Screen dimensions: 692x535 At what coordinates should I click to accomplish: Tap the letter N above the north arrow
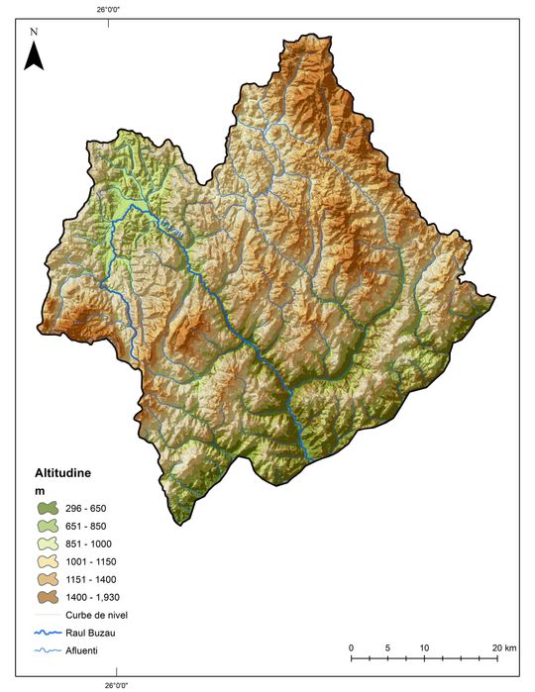[x=34, y=32]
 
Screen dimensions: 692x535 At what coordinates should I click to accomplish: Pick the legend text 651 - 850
[x=87, y=526]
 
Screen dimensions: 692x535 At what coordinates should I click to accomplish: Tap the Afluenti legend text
[x=80, y=650]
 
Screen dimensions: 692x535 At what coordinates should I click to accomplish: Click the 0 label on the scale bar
[x=352, y=647]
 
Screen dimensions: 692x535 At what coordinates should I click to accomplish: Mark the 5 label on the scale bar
[x=388, y=647]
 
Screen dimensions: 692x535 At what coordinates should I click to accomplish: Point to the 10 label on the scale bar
[x=424, y=647]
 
